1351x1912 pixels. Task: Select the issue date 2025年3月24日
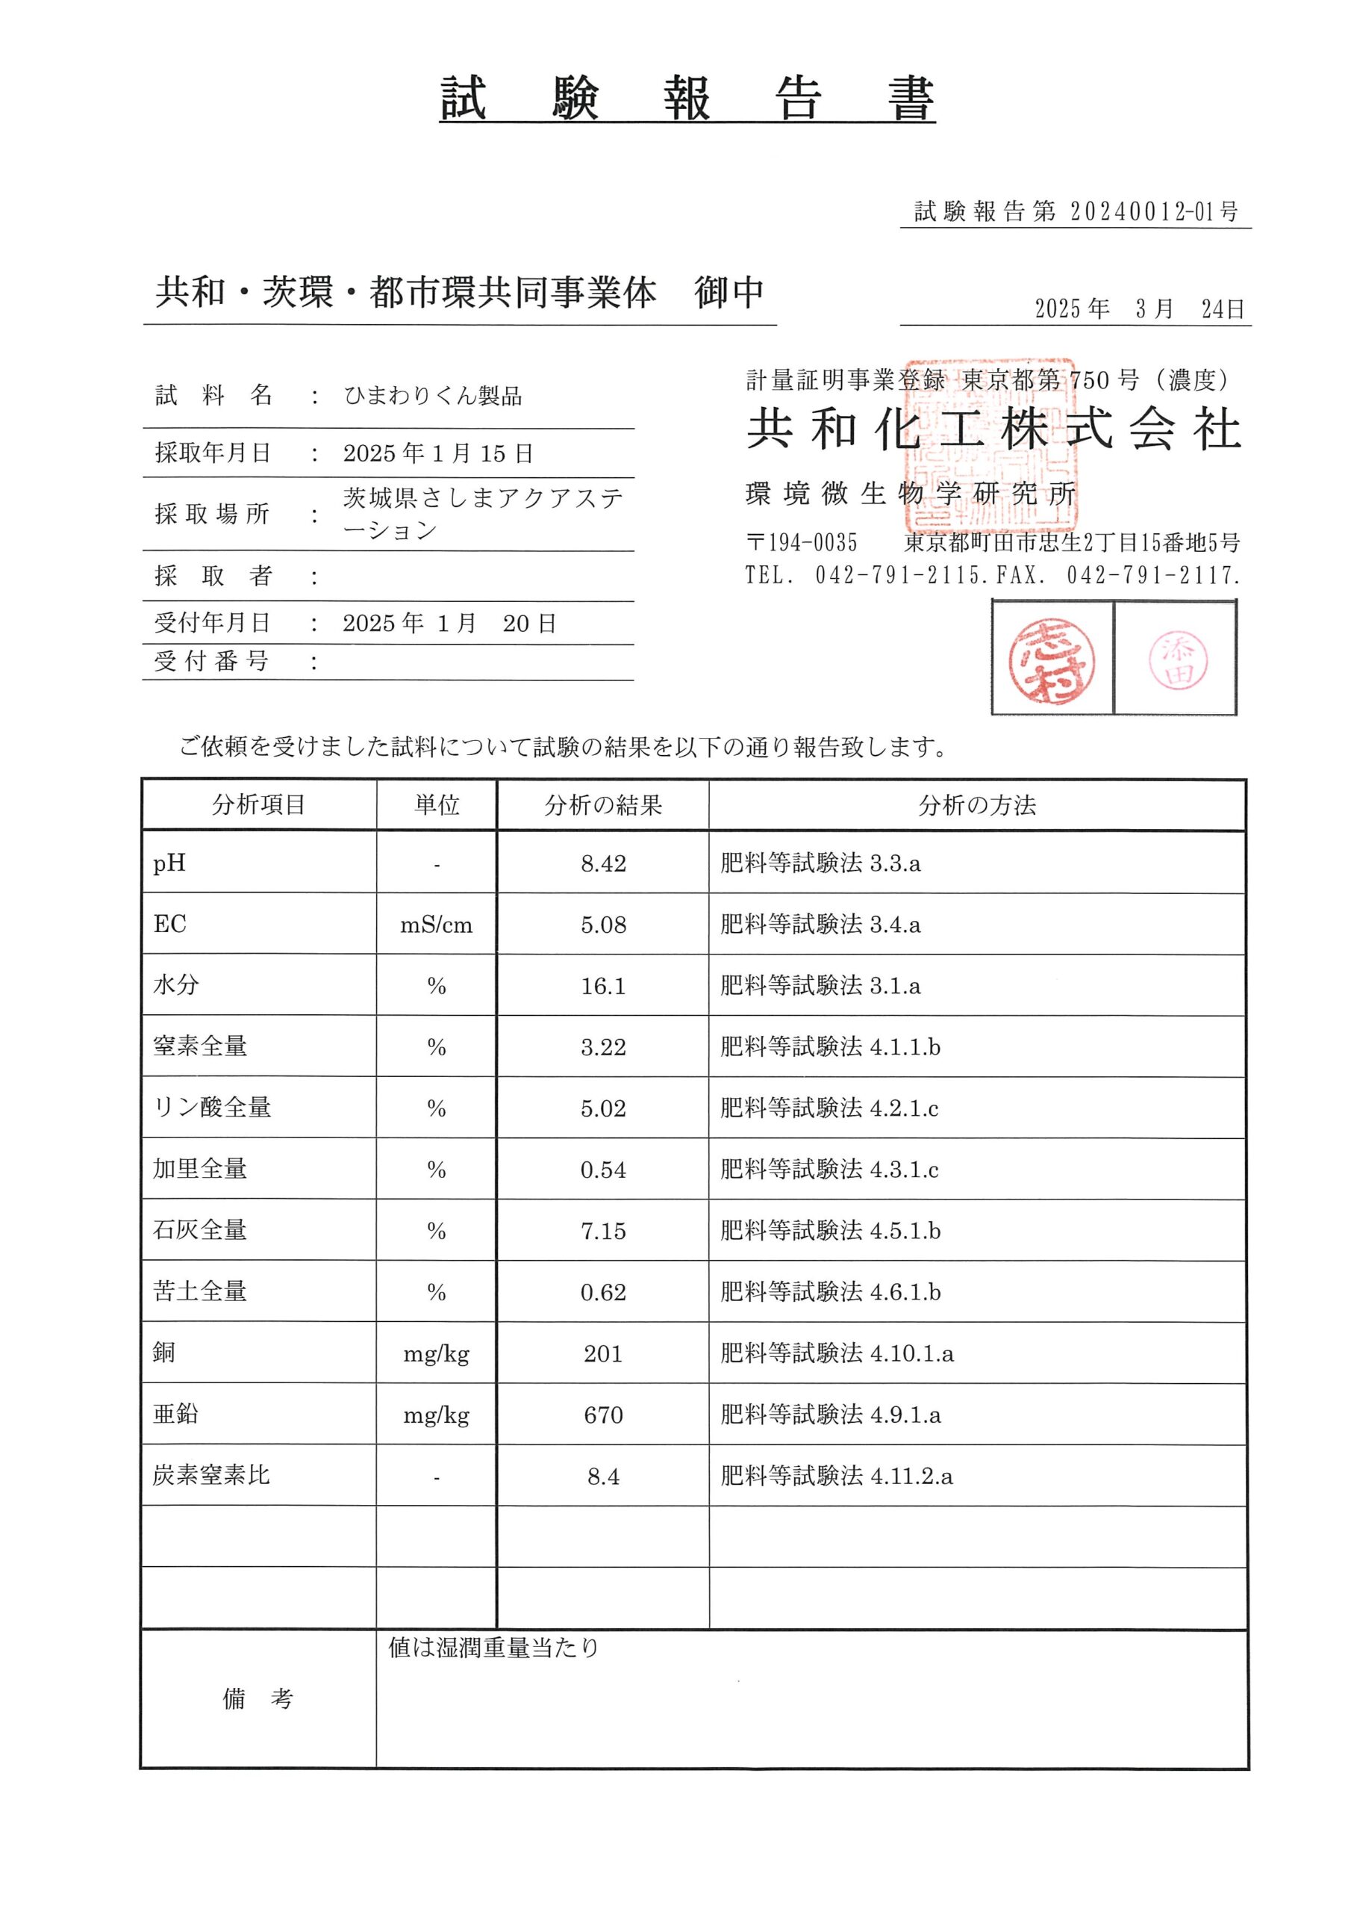pos(1139,309)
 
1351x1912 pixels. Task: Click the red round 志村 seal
pos(1052,660)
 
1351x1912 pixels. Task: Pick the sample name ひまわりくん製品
pos(433,397)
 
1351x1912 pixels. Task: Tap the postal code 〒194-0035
pos(801,543)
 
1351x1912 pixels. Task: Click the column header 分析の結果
pos(602,805)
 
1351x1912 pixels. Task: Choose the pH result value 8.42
pos(602,863)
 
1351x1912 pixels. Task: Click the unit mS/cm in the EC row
pos(436,925)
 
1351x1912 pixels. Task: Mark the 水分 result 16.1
pos(602,987)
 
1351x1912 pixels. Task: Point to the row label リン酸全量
pos(211,1108)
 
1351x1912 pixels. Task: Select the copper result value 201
pos(602,1354)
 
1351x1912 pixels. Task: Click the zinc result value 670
pos(602,1415)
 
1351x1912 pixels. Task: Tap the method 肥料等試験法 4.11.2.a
pos(837,1477)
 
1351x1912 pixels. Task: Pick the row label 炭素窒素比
pos(211,1476)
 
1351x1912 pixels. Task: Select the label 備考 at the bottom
pos(258,1699)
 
